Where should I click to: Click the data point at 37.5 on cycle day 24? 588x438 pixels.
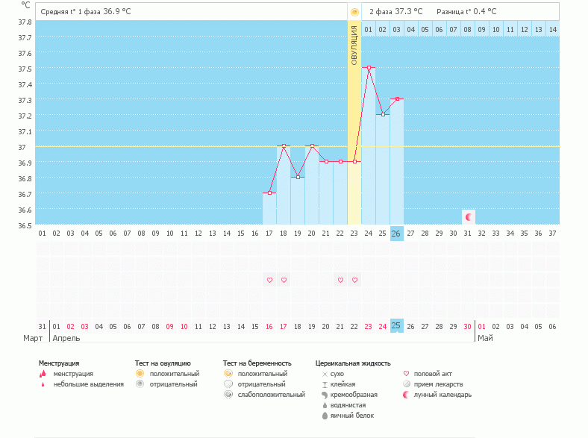369,68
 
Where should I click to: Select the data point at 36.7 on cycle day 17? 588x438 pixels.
269,193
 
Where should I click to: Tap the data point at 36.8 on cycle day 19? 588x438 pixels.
298,177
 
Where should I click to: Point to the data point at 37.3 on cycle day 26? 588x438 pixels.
397,99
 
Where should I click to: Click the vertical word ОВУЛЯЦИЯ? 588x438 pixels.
354,45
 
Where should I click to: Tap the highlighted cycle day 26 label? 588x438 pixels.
396,234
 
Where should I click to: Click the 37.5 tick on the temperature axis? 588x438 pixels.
25,69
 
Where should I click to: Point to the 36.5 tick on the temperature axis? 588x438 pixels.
25,225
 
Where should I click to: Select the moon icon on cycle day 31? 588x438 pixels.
468,217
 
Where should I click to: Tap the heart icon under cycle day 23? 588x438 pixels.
354,281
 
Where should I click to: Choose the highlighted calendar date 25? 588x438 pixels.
396,326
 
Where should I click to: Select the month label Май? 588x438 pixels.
485,338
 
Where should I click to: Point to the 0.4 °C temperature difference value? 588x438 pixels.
486,11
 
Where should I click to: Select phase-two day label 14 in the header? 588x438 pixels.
552,29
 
